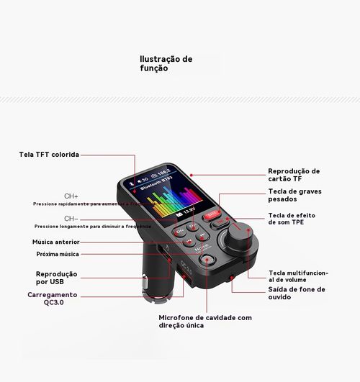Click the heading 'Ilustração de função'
click(166, 63)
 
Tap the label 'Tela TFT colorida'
click(49, 154)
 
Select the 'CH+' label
click(71, 196)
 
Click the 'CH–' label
click(71, 218)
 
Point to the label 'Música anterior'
click(55, 242)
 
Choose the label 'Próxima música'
click(58, 254)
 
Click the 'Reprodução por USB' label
click(57, 278)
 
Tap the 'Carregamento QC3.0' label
click(53, 299)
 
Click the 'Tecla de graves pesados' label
click(294, 196)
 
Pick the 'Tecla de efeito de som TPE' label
click(292, 219)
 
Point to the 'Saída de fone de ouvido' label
click(296, 293)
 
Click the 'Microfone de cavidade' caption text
click(204, 321)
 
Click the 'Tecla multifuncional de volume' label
click(298, 277)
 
